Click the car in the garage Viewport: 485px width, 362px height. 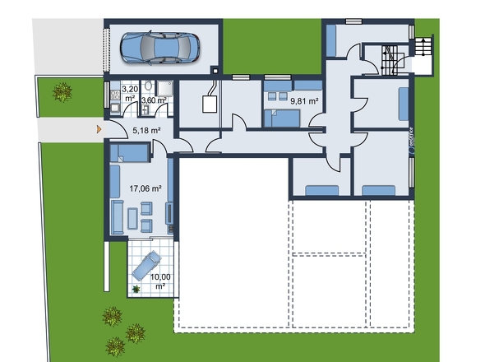pos(162,47)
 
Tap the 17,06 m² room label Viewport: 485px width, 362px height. pos(145,188)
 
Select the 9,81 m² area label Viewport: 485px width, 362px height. pos(303,102)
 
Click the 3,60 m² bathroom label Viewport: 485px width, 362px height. pos(154,100)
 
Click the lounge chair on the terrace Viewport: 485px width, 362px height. pos(145,266)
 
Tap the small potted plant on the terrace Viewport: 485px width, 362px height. pos(136,289)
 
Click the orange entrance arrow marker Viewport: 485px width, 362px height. pos(99,129)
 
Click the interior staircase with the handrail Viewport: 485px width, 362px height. pos(390,59)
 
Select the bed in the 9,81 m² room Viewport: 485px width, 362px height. pos(282,118)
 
